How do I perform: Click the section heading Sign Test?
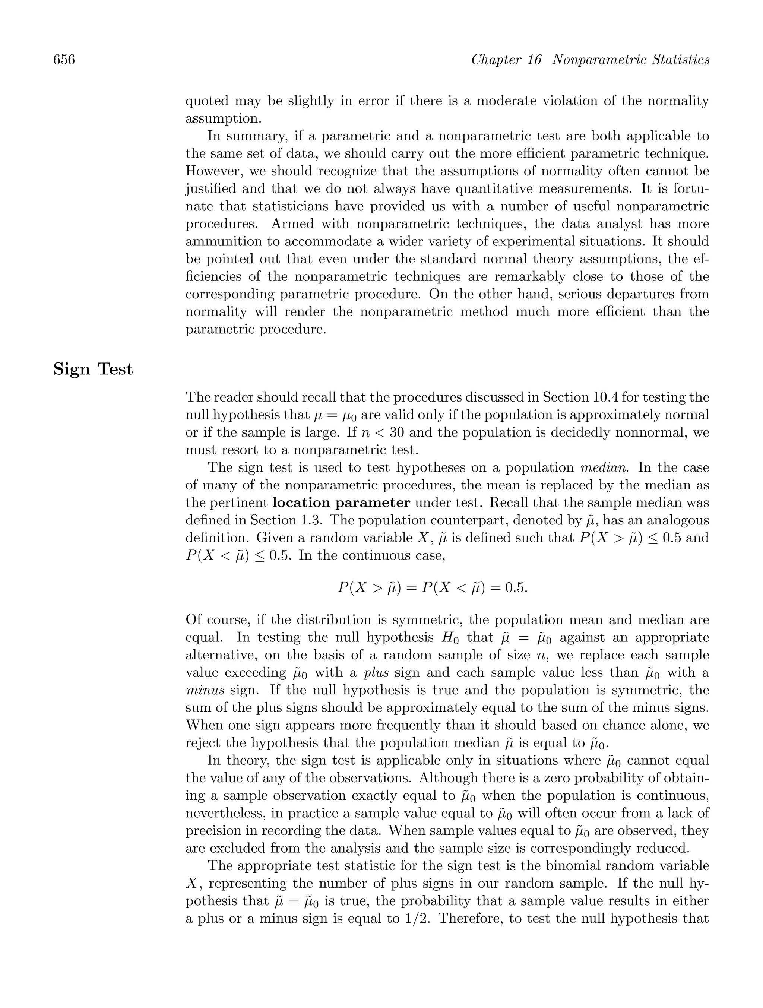pyautogui.click(x=93, y=369)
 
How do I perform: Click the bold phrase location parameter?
pyautogui.click(x=341, y=503)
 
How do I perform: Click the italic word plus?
pyautogui.click(x=376, y=673)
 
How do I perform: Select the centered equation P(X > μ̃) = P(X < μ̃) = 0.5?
pyautogui.click(x=432, y=588)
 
